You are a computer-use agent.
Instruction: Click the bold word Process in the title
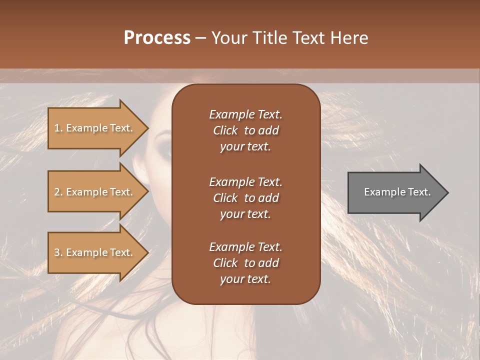point(157,37)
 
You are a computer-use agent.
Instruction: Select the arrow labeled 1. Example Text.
point(95,128)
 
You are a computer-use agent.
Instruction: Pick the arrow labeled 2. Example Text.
point(95,192)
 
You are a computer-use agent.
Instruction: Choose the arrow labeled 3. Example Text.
point(95,252)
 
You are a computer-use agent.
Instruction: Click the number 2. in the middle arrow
point(58,192)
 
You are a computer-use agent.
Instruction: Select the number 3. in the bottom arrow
point(58,252)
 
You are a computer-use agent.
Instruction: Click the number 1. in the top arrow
point(58,128)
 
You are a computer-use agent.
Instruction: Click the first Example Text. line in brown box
point(245,114)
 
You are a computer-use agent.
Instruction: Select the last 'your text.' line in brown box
point(245,279)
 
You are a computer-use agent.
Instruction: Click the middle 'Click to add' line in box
point(245,198)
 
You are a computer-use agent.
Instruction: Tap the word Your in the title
point(228,37)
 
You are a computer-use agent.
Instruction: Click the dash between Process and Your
point(200,38)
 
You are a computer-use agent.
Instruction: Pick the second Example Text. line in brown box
point(245,182)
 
